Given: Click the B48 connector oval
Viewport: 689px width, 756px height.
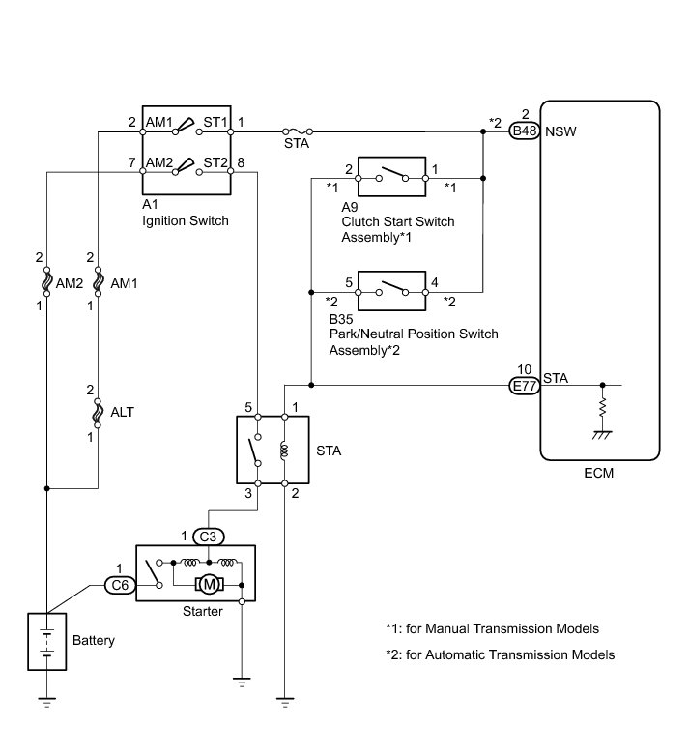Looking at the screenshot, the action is pos(524,131).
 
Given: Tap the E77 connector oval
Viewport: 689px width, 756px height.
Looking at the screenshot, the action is pos(524,386).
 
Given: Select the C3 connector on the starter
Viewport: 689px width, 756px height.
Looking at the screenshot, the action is pos(208,537).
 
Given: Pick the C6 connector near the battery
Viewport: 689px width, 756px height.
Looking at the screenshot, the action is pos(120,585).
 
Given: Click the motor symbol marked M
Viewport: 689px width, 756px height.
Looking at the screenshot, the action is pos(209,585).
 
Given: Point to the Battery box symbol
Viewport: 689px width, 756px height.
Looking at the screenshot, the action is pos(46,641).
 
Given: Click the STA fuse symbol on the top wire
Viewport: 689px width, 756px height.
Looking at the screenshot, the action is pos(297,131).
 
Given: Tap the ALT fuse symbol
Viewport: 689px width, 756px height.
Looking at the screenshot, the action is pos(98,413).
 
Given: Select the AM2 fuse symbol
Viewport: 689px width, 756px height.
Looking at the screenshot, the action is pos(46,281).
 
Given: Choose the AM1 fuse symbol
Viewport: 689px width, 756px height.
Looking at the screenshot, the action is pos(98,281).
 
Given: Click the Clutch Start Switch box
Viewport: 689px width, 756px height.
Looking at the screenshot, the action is pos(391,177).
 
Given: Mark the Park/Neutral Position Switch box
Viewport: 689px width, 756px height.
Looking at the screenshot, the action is pos(391,291).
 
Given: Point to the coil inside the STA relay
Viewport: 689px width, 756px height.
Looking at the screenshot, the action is pos(284,451).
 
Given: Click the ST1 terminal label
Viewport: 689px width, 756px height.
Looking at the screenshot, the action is pos(215,123).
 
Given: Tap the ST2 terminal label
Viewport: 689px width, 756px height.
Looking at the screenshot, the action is pos(215,163).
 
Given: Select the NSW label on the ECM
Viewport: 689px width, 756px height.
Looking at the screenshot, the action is pos(560,131).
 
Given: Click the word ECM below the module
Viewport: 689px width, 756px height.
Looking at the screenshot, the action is pos(599,473).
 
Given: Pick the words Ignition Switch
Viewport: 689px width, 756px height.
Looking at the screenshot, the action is pos(186,220).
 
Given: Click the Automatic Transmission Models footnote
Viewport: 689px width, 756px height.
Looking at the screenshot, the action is pos(501,654).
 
